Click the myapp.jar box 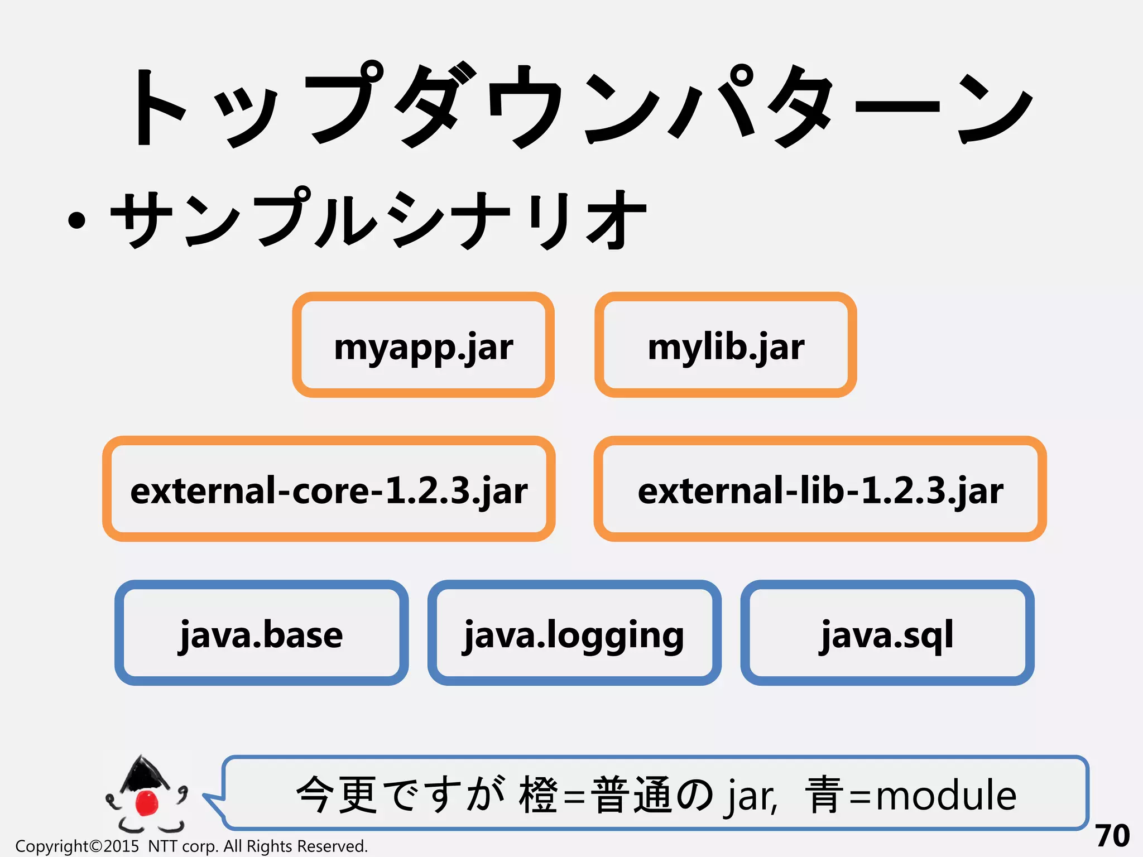pos(423,345)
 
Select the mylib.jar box pos(726,345)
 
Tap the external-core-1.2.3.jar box pos(329,489)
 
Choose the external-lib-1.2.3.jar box pos(820,489)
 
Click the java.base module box pos(261,633)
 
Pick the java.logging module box pos(574,633)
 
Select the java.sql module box pos(887,633)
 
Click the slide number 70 pos(1112,836)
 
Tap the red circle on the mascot pos(147,802)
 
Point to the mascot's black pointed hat pos(144,773)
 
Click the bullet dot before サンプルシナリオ pos(76,220)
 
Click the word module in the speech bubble pos(946,795)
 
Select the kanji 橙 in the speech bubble pos(538,795)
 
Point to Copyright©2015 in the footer pos(77,846)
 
